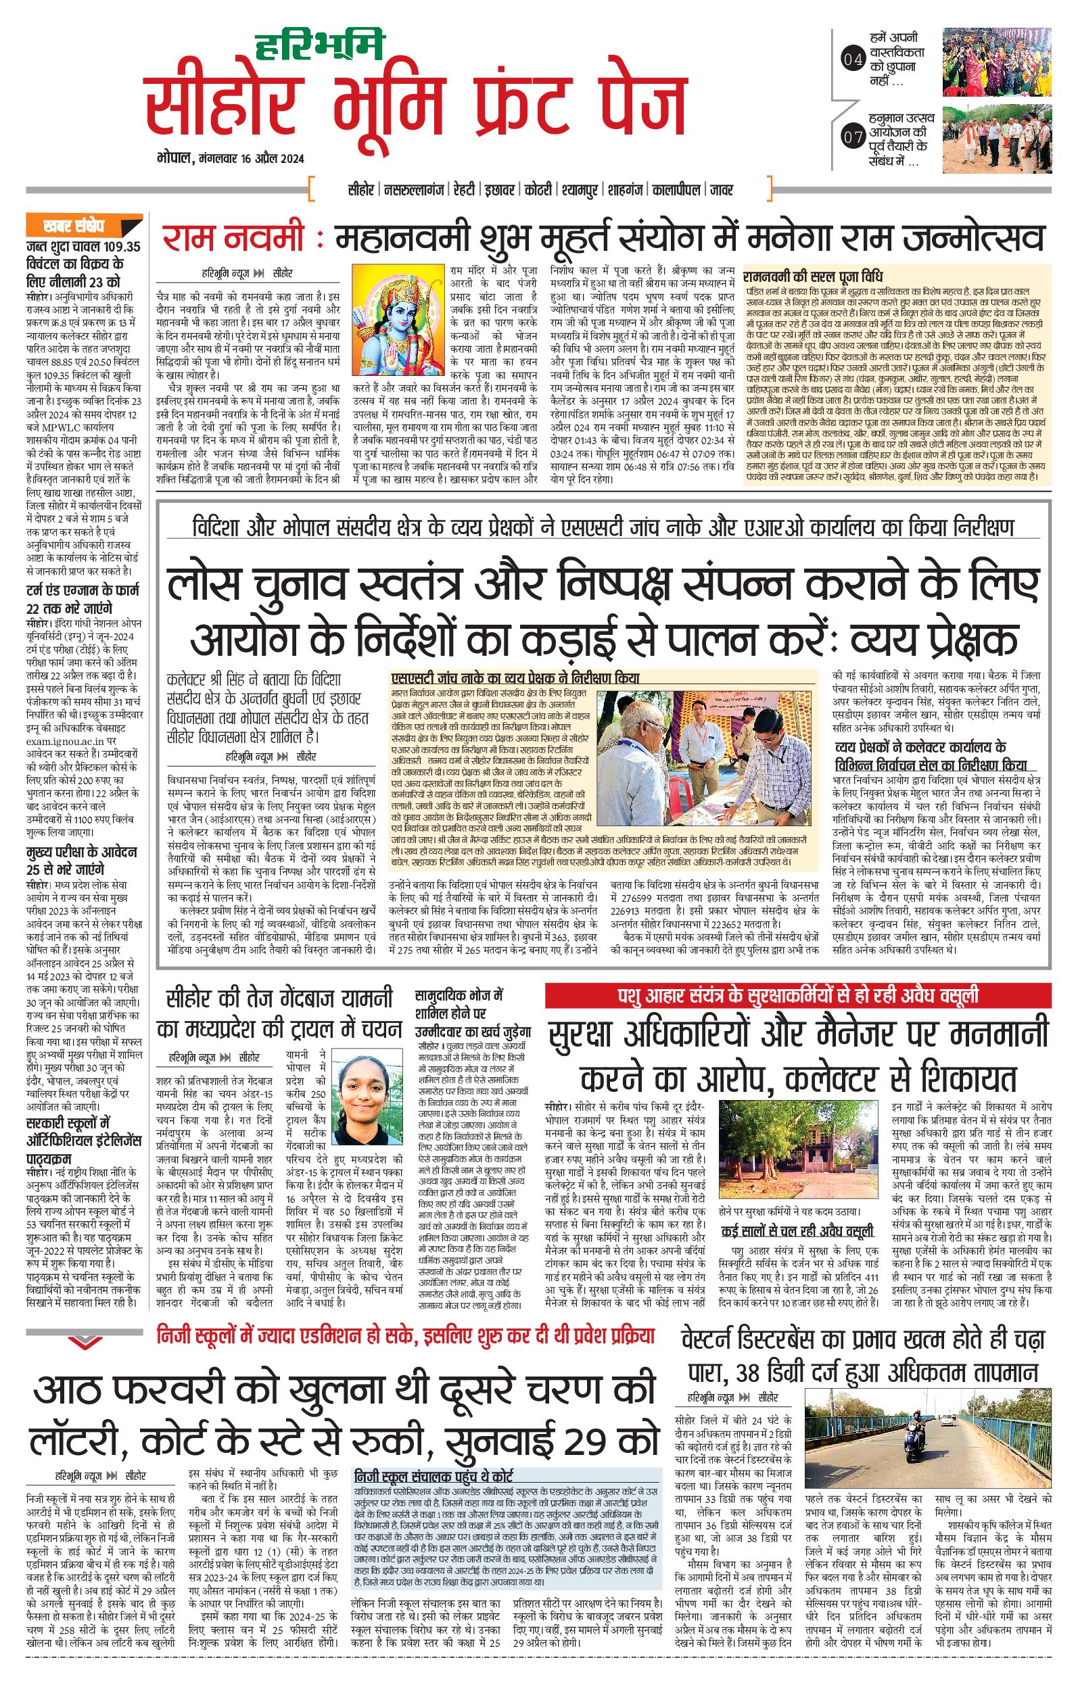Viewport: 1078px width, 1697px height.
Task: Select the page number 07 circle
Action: (x=852, y=137)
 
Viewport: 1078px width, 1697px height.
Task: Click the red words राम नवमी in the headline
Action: (x=233, y=239)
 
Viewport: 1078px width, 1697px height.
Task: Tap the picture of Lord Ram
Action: (x=398, y=323)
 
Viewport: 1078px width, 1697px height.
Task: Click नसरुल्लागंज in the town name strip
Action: (x=416, y=190)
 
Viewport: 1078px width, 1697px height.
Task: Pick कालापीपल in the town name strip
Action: (x=676, y=190)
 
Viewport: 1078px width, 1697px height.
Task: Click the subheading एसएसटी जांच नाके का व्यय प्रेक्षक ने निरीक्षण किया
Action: (x=515, y=679)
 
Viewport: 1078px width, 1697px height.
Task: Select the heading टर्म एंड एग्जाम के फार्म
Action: (x=83, y=598)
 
